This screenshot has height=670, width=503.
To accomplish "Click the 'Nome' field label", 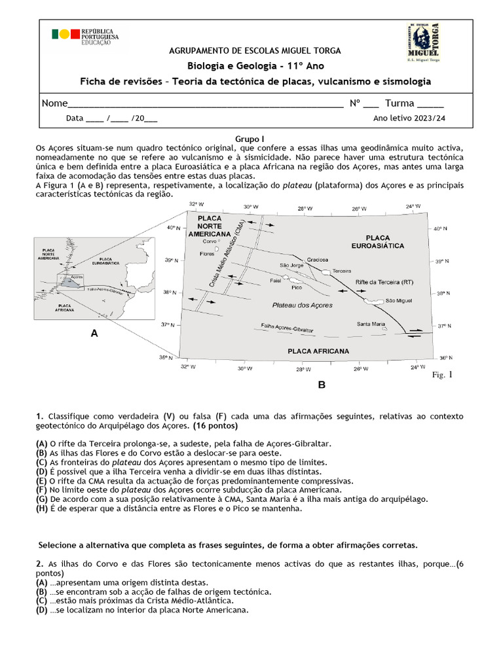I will click(54, 103).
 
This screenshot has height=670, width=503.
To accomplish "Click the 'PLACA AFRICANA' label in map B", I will click(318, 351).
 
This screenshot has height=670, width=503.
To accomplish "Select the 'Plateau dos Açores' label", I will click(302, 306).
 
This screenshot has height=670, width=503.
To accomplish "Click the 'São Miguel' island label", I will click(398, 301).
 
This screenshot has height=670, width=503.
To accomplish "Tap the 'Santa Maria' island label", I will click(371, 323).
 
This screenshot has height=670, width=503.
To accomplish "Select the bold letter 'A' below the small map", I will click(94, 334).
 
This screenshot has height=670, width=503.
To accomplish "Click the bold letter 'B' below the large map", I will click(322, 385).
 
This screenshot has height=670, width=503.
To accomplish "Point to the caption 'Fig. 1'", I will click(442, 375).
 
